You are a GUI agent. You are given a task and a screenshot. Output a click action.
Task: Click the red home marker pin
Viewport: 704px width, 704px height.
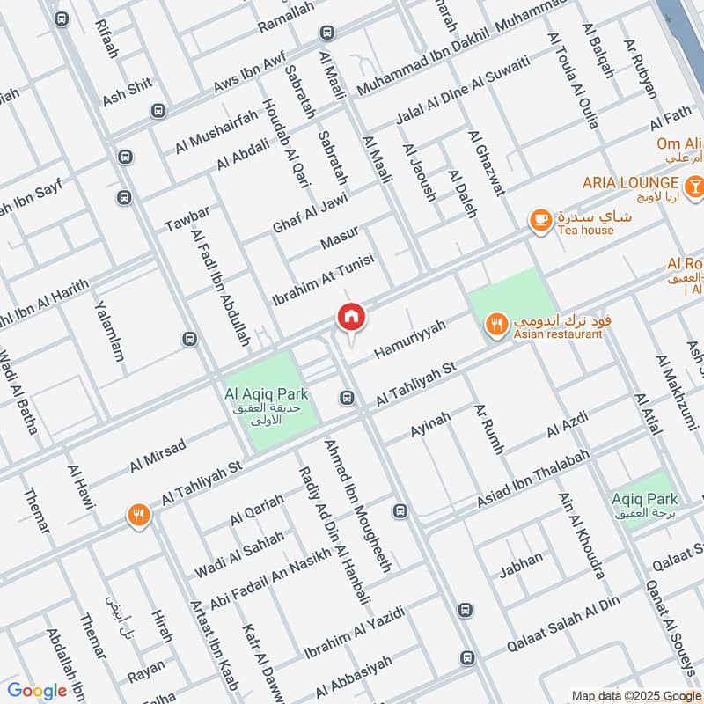coord(350,316)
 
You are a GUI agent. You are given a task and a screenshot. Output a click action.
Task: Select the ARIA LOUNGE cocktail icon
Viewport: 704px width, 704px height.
coord(694,183)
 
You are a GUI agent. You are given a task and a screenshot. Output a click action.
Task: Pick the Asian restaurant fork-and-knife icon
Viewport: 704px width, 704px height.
coord(497,325)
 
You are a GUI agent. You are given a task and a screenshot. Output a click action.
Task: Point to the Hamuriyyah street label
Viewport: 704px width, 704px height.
coord(410,339)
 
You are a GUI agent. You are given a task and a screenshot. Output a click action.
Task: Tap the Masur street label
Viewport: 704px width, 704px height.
coord(339,237)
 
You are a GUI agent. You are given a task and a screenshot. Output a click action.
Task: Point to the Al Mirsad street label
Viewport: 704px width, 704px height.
coord(158,453)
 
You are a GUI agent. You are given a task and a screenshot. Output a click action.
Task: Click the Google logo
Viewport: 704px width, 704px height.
coord(37,691)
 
